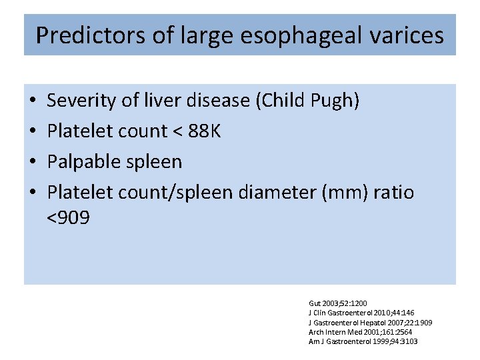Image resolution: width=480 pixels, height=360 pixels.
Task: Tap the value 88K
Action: [x=205, y=131]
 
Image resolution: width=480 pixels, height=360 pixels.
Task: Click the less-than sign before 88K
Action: [x=177, y=132]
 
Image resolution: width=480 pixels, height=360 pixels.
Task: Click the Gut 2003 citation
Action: [x=338, y=303]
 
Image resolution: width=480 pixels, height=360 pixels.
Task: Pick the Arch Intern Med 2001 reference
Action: [x=360, y=332]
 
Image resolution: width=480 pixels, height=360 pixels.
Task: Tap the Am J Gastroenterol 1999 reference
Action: [x=363, y=341]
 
